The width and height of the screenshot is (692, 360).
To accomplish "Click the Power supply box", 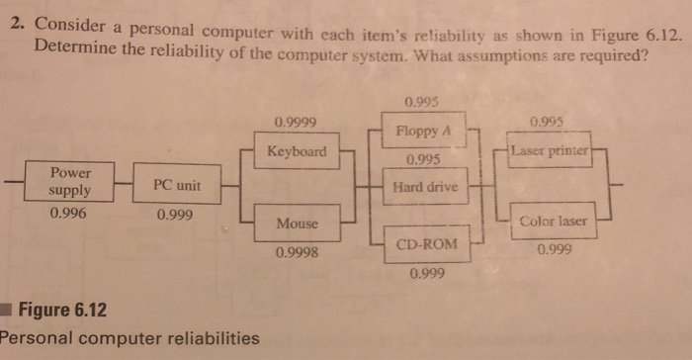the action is point(70,180).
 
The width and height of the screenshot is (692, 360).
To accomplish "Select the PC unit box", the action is point(176,185).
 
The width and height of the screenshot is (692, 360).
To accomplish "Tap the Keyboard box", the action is point(297,152).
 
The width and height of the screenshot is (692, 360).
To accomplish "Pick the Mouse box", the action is point(297,224).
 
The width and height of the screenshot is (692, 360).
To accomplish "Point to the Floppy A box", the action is point(423,131).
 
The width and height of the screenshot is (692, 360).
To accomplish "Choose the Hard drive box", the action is point(423,186).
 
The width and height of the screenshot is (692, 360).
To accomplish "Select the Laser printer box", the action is point(549,152).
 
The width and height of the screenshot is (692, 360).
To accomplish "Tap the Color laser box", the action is point(554,222).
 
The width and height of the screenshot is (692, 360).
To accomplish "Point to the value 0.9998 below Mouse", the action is point(297,254).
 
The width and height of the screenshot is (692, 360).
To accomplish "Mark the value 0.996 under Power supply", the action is point(69,212).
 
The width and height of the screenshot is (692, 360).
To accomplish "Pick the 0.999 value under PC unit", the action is point(175,213).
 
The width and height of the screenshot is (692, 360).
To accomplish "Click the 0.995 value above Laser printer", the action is point(549,123).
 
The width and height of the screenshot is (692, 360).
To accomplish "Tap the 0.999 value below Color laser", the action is point(554,250).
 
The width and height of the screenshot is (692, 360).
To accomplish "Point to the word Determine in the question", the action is point(71,45).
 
